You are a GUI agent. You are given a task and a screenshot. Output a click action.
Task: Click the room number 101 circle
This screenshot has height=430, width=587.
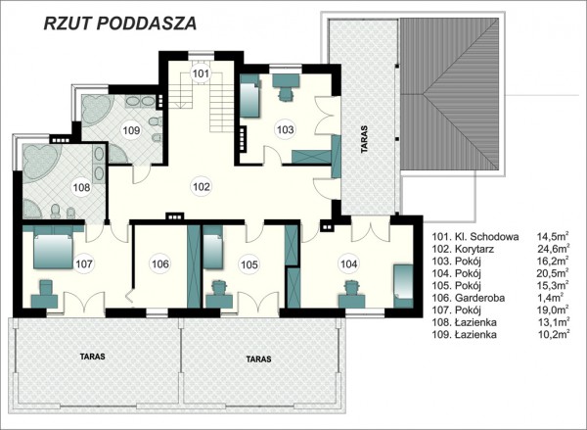[201, 73]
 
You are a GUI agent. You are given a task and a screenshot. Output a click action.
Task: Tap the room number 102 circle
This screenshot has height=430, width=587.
[202, 186]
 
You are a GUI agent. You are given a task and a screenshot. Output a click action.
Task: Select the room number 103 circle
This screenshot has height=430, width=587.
[286, 129]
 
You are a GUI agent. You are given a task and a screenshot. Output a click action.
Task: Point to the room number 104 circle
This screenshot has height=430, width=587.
[349, 263]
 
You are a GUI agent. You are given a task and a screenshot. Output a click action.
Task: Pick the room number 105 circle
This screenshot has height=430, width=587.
[249, 264]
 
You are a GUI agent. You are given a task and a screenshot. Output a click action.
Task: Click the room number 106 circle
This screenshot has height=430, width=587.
[160, 263]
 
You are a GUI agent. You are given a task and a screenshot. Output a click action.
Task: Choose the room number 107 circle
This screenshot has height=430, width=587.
[84, 263]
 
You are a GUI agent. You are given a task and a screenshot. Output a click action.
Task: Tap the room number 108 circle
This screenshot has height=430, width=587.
[81, 186]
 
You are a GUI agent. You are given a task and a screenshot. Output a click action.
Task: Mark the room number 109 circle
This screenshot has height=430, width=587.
[131, 130]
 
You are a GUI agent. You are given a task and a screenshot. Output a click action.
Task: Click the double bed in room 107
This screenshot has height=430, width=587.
[53, 248]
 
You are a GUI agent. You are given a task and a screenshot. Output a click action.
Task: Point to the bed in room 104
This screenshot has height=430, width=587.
[403, 286]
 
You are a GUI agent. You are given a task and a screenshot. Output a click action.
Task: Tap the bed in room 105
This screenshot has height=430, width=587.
[213, 248]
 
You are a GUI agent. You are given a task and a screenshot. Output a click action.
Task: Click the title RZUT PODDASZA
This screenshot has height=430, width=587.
[120, 24]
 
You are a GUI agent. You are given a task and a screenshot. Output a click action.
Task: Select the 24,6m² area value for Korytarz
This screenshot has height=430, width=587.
[554, 249]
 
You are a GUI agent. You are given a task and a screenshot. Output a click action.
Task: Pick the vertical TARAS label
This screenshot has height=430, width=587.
[364, 139]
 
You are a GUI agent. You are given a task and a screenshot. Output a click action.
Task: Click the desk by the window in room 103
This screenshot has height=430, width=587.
[286, 80]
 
